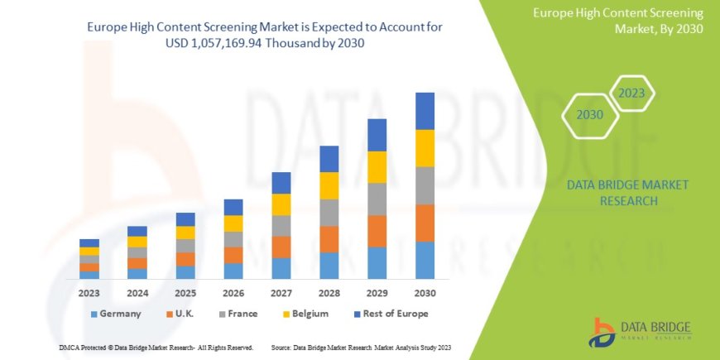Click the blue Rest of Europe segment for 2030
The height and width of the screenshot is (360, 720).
pyautogui.click(x=425, y=111)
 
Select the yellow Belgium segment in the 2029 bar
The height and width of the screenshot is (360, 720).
pyautogui.click(x=377, y=167)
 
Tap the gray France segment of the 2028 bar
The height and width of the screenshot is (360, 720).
pyautogui.click(x=329, y=213)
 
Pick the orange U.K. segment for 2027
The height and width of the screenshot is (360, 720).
pyautogui.click(x=281, y=247)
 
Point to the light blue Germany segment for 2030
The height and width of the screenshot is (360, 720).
pyautogui.click(x=425, y=260)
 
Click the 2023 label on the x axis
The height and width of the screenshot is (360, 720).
pyautogui.click(x=89, y=293)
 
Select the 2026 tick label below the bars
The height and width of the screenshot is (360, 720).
pyautogui.click(x=233, y=293)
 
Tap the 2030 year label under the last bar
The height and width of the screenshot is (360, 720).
pyautogui.click(x=425, y=293)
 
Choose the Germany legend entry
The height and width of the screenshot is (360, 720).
pyautogui.click(x=115, y=314)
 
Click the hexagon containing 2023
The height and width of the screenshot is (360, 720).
pyautogui.click(x=632, y=93)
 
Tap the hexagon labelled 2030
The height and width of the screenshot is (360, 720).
pyautogui.click(x=589, y=115)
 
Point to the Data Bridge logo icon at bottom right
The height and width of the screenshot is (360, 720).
pyautogui.click(x=601, y=332)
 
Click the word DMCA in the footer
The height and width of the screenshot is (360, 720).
pyautogui.click(x=69, y=347)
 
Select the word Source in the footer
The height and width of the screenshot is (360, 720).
pyautogui.click(x=281, y=347)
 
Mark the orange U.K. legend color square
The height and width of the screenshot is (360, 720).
pyautogui.click(x=169, y=314)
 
